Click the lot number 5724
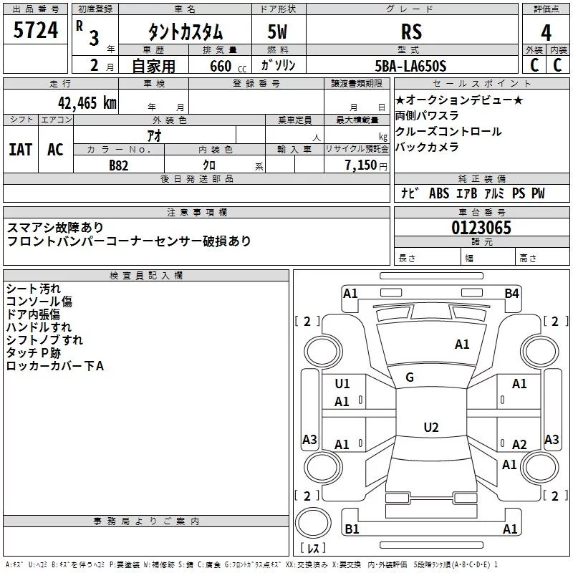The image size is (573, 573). [35, 30]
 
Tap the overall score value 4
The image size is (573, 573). [546, 33]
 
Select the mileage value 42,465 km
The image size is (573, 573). [87, 103]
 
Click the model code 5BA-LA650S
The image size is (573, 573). [410, 66]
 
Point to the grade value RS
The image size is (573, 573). [411, 32]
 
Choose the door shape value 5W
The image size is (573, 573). [277, 32]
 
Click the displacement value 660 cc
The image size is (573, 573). [228, 66]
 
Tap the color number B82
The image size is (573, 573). [119, 165]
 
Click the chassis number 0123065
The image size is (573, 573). [481, 228]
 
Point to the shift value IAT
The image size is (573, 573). [21, 150]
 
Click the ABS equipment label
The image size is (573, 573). [439, 193]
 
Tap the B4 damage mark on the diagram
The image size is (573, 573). [511, 294]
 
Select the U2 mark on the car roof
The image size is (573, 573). [431, 427]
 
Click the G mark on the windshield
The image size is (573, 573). [410, 377]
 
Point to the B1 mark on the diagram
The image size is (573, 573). [352, 529]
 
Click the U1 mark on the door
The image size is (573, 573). [342, 384]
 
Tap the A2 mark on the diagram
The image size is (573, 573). [519, 444]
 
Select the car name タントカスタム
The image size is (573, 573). [186, 32]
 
